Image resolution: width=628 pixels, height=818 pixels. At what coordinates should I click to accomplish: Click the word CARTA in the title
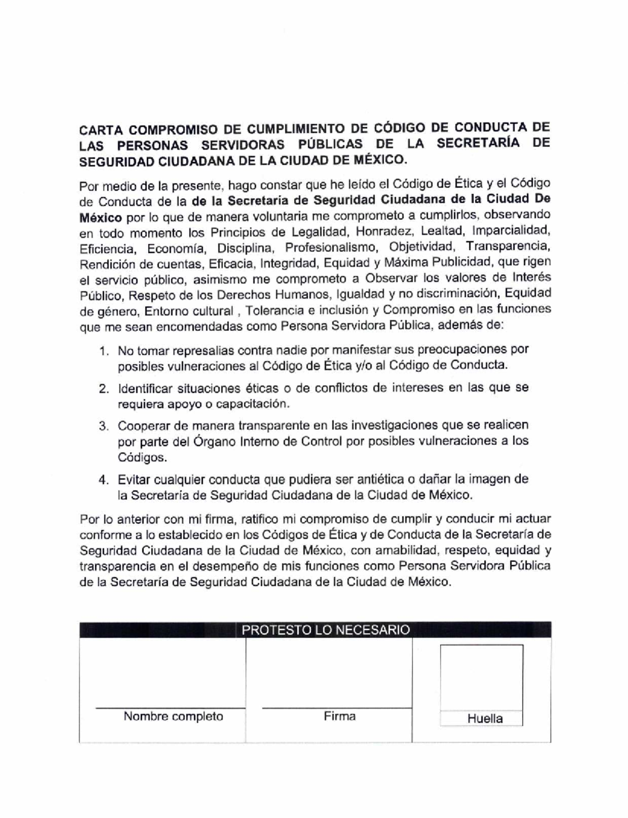pyautogui.click(x=99, y=129)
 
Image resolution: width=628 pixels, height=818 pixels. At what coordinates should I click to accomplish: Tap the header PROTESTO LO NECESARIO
pyautogui.click(x=325, y=630)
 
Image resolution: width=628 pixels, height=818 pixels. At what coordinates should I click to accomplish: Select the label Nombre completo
pyautogui.click(x=173, y=716)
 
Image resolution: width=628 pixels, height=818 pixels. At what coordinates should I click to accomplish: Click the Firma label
pyautogui.click(x=339, y=716)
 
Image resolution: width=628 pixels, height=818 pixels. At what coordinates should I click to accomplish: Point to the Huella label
pyautogui.click(x=485, y=719)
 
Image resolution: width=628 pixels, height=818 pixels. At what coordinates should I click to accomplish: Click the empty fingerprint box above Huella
pyautogui.click(x=481, y=678)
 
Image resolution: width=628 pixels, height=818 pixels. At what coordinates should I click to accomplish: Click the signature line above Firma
pyautogui.click(x=336, y=708)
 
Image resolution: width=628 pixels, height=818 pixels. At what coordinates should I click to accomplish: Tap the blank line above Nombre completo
pyautogui.click(x=170, y=708)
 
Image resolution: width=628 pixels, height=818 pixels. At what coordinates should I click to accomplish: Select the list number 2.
pyautogui.click(x=104, y=389)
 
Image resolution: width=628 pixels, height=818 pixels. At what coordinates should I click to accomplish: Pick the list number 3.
pyautogui.click(x=104, y=426)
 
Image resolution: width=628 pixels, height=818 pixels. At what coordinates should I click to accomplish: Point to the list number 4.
pyautogui.click(x=104, y=480)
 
